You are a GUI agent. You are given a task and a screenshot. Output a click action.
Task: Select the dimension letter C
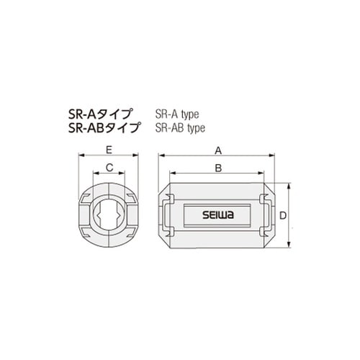pyautogui.click(x=108, y=167)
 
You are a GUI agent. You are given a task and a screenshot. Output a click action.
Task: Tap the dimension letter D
pyautogui.click(x=284, y=215)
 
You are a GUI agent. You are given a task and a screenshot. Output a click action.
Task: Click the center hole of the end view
pyautogui.click(x=108, y=214)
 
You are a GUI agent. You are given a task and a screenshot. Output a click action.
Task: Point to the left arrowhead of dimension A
pyautogui.click(x=160, y=155)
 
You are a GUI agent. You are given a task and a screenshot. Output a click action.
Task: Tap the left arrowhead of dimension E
pyautogui.click(x=79, y=155)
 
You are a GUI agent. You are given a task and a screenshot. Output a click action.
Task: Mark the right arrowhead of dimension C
pyautogui.click(x=126, y=173)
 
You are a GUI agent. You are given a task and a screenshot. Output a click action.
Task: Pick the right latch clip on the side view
pyautogui.click(x=266, y=214)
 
